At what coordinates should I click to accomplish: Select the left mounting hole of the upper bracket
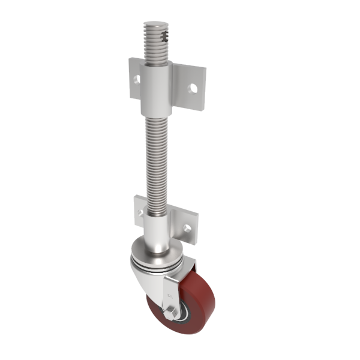pos(137,79)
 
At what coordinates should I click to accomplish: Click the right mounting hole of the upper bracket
pos(193,88)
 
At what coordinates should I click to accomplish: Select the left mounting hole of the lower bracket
pos(140,212)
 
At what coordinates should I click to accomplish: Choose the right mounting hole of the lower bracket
pos(187,229)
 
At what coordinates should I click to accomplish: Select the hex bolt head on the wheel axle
pos(169,314)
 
